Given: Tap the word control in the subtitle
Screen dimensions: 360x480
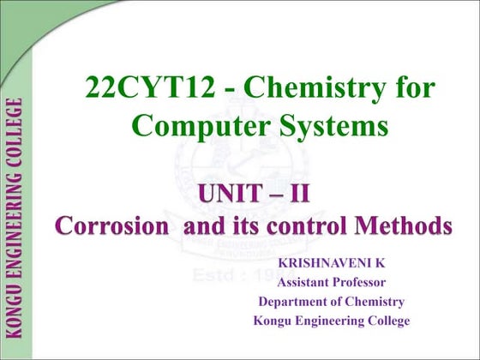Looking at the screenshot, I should click(x=297, y=226).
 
